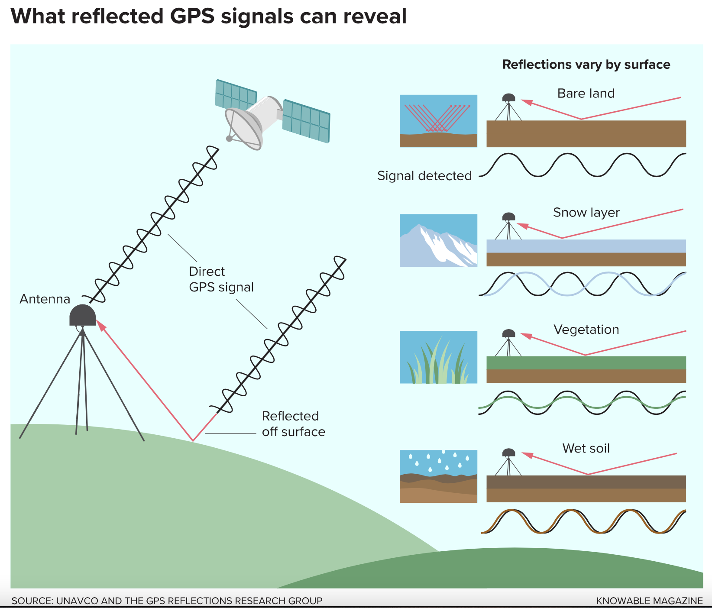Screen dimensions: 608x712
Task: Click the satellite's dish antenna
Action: (x=244, y=128)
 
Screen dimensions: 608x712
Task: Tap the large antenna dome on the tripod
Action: (x=82, y=316)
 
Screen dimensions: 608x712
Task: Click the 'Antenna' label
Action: (x=45, y=299)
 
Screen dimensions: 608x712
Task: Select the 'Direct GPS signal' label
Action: (x=221, y=279)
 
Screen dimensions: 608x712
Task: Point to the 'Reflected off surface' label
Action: (x=293, y=424)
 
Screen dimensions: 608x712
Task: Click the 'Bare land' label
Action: (x=586, y=94)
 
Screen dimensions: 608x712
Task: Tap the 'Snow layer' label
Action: (x=586, y=213)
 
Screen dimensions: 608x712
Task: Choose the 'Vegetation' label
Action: (x=586, y=330)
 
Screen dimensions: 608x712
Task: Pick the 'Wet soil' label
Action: (x=586, y=448)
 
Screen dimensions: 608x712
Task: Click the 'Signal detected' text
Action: (x=424, y=176)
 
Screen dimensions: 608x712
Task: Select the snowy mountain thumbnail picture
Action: (x=438, y=240)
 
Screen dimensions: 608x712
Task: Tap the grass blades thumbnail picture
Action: (x=438, y=357)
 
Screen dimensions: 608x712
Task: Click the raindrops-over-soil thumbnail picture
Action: (x=438, y=476)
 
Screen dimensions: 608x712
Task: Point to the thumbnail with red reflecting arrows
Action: (x=438, y=121)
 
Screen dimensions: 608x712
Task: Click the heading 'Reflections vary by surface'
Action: (x=586, y=65)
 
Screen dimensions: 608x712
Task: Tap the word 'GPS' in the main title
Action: (x=192, y=16)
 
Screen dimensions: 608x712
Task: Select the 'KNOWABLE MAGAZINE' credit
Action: (x=649, y=601)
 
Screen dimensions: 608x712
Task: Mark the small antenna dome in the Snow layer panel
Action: (x=508, y=217)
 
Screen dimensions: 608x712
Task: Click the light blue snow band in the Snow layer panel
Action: (x=586, y=246)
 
